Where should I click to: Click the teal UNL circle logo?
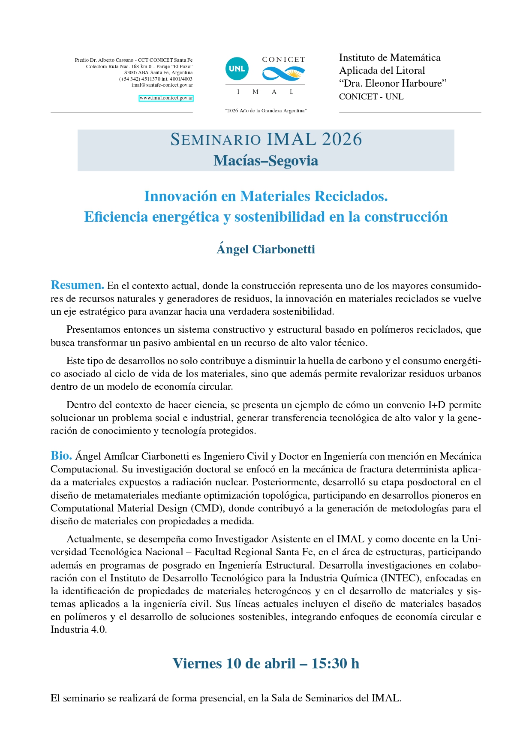(x=237, y=69)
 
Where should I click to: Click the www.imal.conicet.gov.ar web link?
(x=166, y=98)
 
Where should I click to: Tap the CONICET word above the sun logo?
(x=283, y=60)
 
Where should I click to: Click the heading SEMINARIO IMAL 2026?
(x=266, y=140)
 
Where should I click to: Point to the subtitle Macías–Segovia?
(x=266, y=161)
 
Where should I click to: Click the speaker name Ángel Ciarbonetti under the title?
(x=266, y=249)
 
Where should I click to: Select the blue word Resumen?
(x=77, y=285)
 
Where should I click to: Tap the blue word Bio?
(x=61, y=455)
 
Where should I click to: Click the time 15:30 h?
(x=335, y=664)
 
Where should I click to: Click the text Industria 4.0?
(x=78, y=630)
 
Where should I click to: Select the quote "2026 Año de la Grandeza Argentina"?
(x=266, y=111)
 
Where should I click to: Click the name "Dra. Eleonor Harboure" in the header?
(x=393, y=84)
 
